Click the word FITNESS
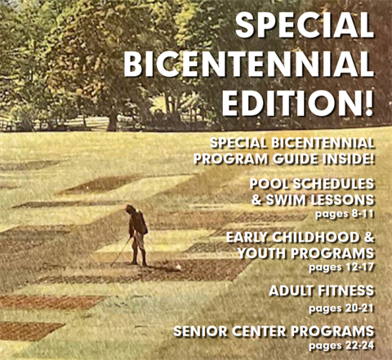click(x=350, y=290)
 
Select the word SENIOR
click(x=204, y=331)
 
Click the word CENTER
click(x=269, y=331)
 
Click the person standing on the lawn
click(x=137, y=233)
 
